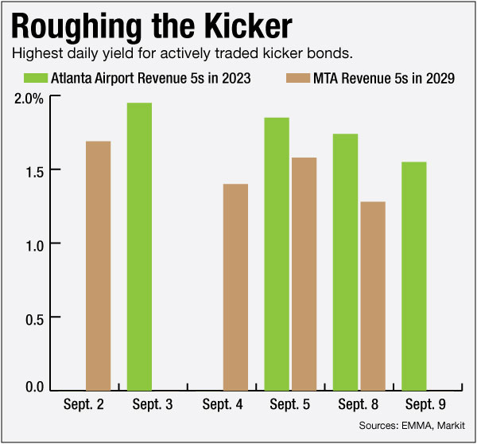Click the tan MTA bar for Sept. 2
pyautogui.click(x=98, y=266)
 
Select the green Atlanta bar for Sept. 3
pyautogui.click(x=139, y=247)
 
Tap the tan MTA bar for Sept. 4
pyautogui.click(x=235, y=287)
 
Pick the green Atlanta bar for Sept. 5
pyautogui.click(x=277, y=254)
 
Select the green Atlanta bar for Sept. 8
pyautogui.click(x=345, y=263)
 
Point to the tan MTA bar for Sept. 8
pyautogui.click(x=372, y=295)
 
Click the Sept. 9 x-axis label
pyautogui.click(x=427, y=404)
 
